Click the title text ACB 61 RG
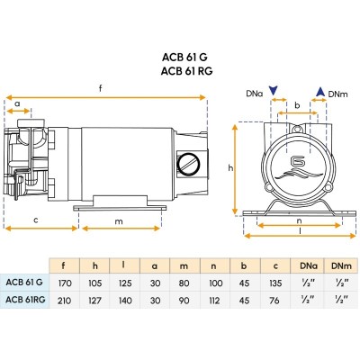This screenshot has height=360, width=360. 186,71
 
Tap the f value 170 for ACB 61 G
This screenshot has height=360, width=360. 65,283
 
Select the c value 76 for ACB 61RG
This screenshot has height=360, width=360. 274,300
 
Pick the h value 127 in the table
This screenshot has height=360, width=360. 94,300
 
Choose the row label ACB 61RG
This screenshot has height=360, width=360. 25,299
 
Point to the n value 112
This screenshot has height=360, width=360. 214,300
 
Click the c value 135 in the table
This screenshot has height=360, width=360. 274,283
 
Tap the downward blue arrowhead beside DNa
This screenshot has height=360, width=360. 274,91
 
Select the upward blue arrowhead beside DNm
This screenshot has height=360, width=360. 320,92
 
